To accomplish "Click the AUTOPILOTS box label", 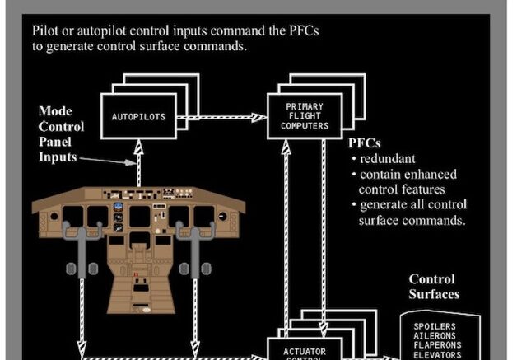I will pos(138,117).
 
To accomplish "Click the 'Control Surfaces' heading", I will pos(434,286).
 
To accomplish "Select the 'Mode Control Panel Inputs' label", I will pos(61,134).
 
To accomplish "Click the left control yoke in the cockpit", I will pos(84,247).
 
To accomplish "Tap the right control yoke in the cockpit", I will pos(196,247).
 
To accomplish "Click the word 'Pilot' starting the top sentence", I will pos(47,30).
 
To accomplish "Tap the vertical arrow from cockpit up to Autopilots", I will pos(139,165).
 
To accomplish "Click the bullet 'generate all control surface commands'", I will pos(412,213).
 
